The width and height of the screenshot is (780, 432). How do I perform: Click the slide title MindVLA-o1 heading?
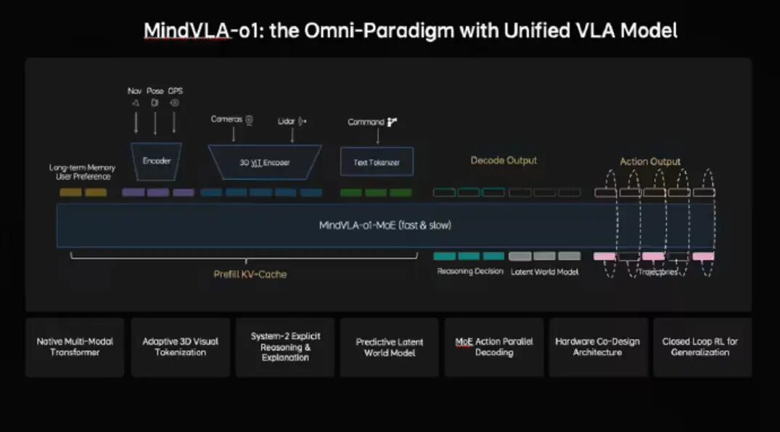410,30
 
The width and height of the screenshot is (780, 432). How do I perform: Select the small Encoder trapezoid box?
156,160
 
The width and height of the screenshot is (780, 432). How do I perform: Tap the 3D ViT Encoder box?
265,163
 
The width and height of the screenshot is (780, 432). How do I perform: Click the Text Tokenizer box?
377,163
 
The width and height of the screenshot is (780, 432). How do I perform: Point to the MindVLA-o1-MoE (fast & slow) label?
385,225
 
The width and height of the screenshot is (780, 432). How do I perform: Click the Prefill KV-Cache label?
250,274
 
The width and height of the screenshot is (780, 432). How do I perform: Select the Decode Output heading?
504,160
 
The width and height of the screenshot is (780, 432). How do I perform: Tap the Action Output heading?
650,161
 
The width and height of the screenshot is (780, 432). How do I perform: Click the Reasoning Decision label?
470,272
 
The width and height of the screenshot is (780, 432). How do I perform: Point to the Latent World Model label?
544,272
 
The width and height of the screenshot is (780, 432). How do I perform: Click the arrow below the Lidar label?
292,134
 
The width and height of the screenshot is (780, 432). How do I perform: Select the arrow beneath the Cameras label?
234,134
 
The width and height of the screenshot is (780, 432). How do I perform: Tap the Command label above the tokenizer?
366,122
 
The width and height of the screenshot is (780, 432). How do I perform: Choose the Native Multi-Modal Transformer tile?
75,347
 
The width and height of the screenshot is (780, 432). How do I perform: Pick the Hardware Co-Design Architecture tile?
597,347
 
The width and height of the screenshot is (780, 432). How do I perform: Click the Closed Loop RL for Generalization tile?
702,347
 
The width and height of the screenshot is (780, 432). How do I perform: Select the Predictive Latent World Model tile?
389,347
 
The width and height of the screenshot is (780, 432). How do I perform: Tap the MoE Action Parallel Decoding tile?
493,347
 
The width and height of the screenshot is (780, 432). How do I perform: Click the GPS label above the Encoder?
175,91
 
